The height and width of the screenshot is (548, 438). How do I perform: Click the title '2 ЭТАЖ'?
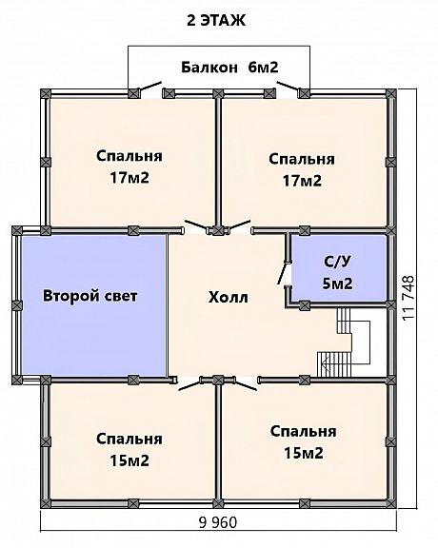click(216, 21)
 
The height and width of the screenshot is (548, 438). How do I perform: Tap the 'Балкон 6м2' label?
click(229, 68)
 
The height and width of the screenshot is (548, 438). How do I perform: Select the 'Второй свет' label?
click(90, 296)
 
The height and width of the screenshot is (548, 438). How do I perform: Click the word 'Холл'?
click(229, 298)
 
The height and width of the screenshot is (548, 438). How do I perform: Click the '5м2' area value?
click(337, 284)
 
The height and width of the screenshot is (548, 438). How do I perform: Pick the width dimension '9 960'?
click(218, 523)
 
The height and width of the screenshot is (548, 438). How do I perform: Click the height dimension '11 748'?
click(408, 298)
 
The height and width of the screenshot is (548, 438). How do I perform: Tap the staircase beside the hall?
click(344, 342)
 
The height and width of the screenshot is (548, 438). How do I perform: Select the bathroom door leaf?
click(283, 274)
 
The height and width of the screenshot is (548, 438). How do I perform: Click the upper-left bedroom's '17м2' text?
click(129, 178)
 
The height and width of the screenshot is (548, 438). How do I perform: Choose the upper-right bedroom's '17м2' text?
click(302, 181)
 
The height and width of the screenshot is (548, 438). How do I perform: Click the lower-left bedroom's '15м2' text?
click(129, 460)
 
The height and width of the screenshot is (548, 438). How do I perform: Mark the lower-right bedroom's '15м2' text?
click(304, 453)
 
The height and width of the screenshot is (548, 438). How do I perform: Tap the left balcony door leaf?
click(149, 87)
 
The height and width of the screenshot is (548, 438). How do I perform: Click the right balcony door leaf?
click(288, 86)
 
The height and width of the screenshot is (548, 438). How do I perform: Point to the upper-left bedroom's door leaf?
click(196, 225)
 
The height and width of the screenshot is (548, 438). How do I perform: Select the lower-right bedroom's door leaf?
click(246, 385)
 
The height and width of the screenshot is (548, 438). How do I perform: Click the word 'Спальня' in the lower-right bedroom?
click(304, 432)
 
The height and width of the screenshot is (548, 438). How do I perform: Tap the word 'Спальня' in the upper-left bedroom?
click(129, 156)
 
